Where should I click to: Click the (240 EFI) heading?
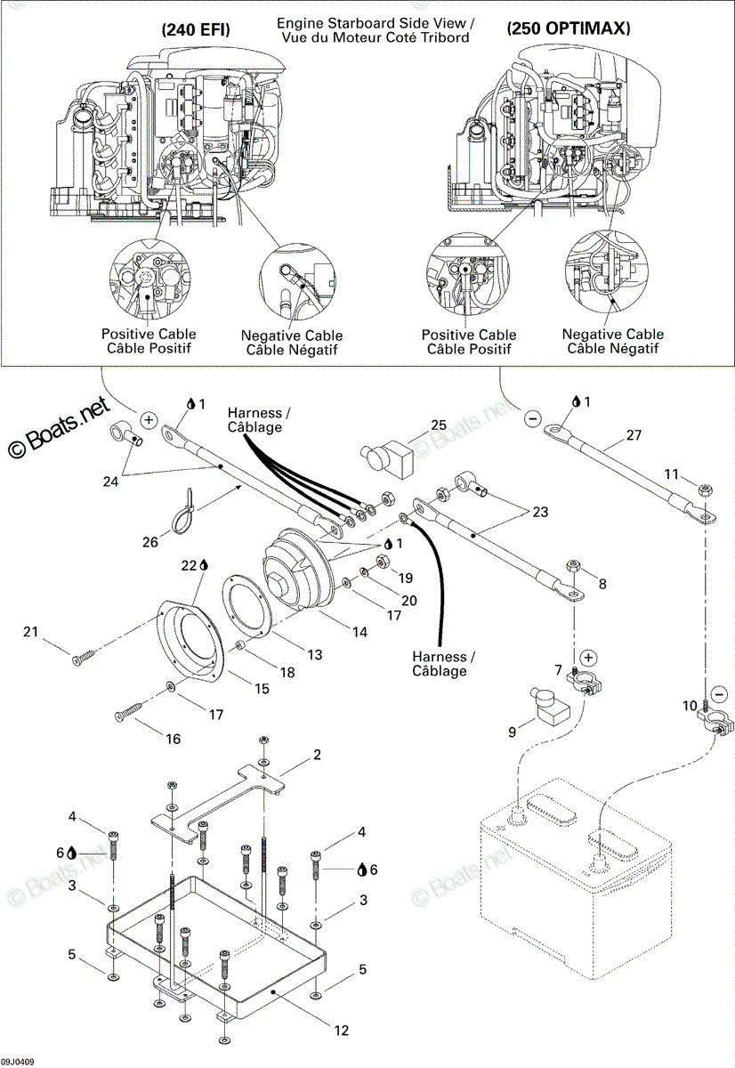[x=196, y=30]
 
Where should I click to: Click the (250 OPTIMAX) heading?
[x=569, y=28]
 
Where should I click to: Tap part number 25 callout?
[x=439, y=425]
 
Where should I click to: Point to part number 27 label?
[x=634, y=435]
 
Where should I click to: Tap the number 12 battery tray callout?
[x=342, y=1031]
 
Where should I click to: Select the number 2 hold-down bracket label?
[x=317, y=755]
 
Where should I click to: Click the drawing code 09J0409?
[x=17, y=1061]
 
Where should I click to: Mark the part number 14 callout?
[x=359, y=632]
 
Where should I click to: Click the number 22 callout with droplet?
[x=195, y=565]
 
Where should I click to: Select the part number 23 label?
[x=540, y=512]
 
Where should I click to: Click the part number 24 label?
[x=110, y=481]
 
